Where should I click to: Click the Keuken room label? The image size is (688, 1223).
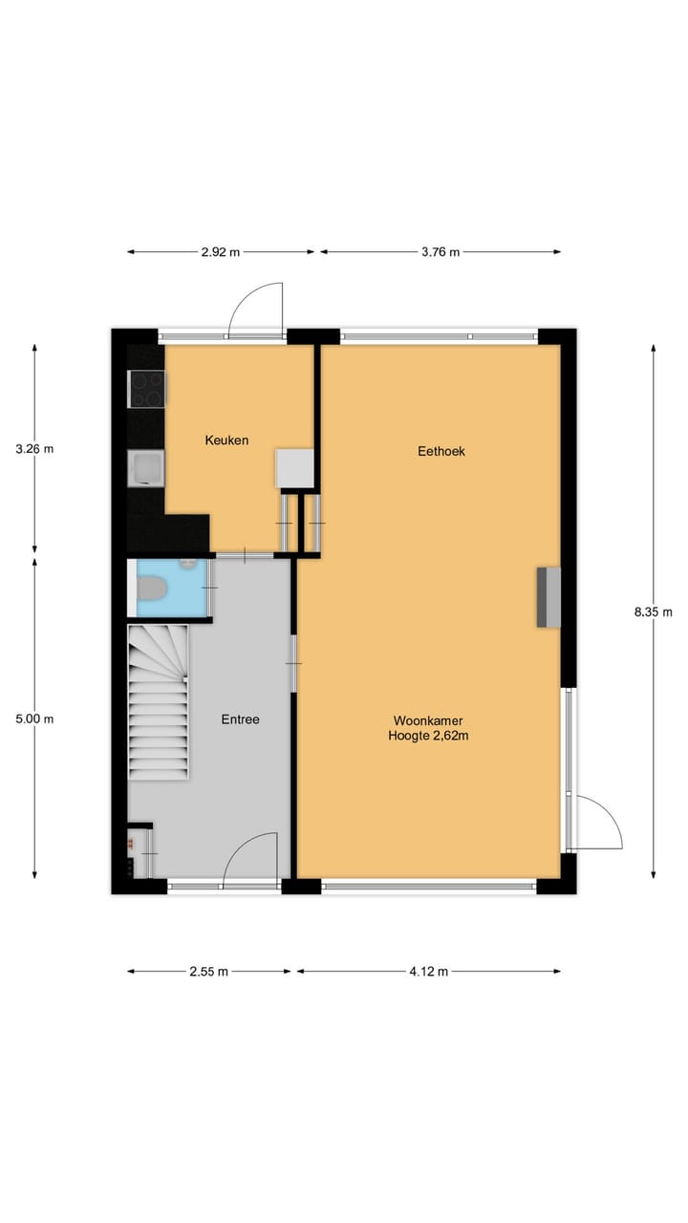pos(226,440)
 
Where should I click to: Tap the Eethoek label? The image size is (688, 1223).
pos(441,451)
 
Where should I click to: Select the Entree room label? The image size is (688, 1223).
pos(240,719)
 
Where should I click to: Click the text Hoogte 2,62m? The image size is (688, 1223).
pos(428,736)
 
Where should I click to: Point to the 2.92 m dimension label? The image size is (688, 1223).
pos(221,252)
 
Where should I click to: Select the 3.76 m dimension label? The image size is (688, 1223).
pos(440,252)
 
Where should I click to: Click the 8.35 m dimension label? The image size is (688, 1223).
pos(654,612)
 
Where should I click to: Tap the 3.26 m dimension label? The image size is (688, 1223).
pos(35,448)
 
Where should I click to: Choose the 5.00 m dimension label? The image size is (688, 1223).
pos(35,719)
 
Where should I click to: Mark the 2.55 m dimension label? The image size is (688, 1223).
pos(209,972)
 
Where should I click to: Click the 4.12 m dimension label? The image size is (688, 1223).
pos(429,972)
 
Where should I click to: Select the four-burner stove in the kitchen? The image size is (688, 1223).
pos(147,389)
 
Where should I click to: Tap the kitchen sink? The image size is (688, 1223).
pos(146,469)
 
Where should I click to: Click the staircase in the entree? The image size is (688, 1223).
pos(159,702)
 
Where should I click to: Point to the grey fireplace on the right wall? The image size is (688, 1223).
pos(548,597)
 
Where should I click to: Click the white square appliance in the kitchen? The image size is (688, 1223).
pos(295,468)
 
